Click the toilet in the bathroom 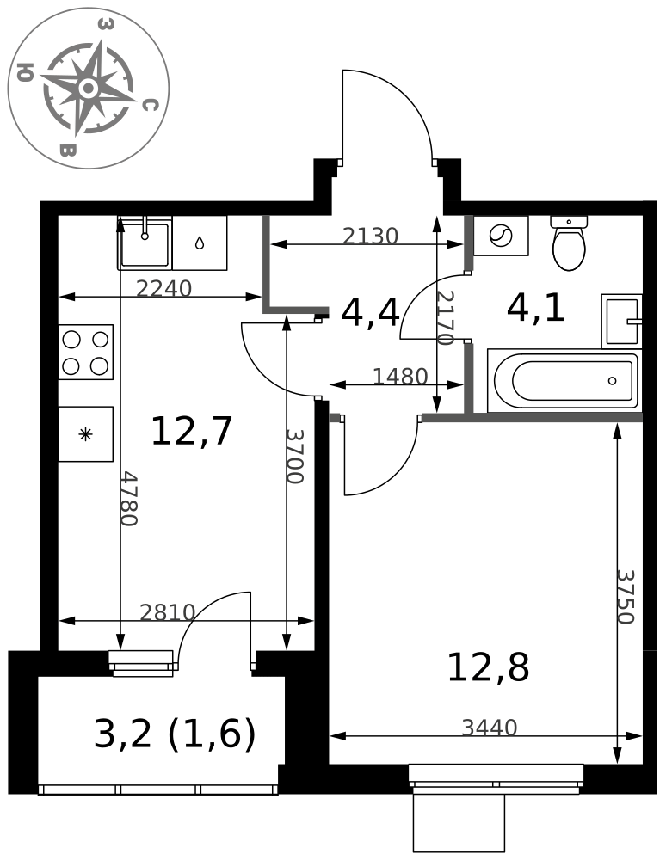tap(569, 243)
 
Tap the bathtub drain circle tap(613, 381)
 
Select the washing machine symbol tap(500, 236)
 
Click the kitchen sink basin tap(145, 243)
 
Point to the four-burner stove tap(85, 352)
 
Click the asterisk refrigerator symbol tap(85, 434)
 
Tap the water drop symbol tap(200, 243)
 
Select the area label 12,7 tap(192, 431)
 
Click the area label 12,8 tap(488, 667)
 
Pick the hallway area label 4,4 tap(370, 313)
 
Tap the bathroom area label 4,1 tap(535, 308)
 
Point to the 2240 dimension tap(163, 288)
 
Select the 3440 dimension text tap(490, 728)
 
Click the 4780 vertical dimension tap(129, 498)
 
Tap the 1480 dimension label tap(400, 377)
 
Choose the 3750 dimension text tap(626, 597)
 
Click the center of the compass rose tap(89, 88)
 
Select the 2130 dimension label tap(370, 236)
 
